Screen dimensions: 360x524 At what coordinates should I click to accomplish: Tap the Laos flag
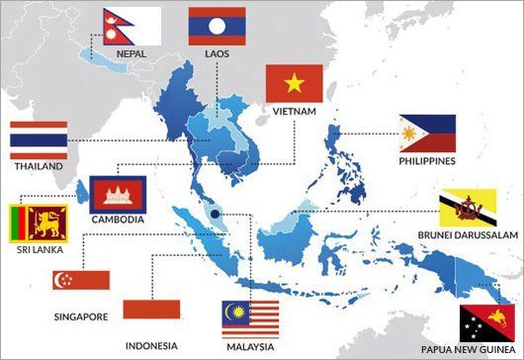[217, 27]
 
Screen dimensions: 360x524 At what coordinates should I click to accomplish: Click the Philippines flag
[427, 134]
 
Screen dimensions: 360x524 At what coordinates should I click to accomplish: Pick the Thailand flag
[39, 141]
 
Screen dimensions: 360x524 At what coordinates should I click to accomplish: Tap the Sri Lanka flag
[38, 225]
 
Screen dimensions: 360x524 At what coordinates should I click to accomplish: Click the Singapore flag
[81, 279]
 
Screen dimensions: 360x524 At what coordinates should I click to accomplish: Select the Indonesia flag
[151, 310]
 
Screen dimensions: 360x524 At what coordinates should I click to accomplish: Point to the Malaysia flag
[250, 317]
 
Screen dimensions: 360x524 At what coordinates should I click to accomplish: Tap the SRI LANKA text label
[38, 252]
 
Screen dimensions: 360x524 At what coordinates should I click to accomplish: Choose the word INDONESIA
[151, 345]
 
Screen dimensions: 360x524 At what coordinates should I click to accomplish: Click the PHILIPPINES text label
[427, 160]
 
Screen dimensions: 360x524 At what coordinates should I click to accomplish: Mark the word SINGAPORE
[81, 317]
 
